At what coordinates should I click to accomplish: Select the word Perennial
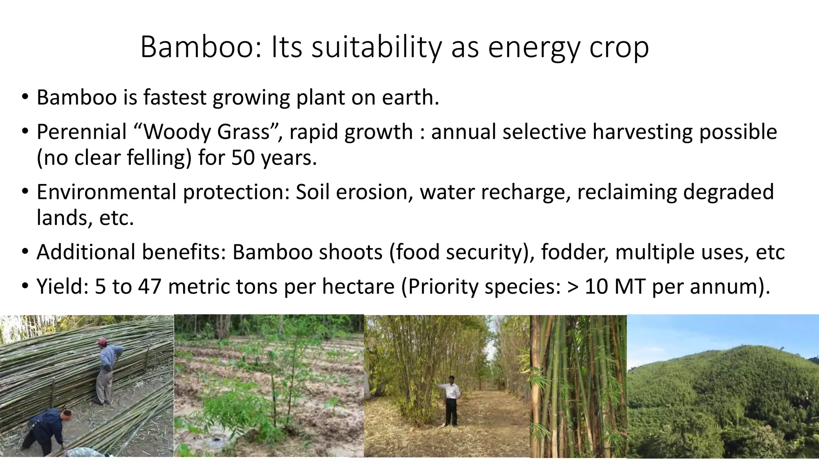pyautogui.click(x=82, y=132)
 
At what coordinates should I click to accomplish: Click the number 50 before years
pyautogui.click(x=243, y=157)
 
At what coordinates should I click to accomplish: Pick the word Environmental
pyautogui.click(x=106, y=192)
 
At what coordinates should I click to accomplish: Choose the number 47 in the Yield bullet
pyautogui.click(x=150, y=287)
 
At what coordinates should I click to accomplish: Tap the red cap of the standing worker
pyautogui.click(x=103, y=341)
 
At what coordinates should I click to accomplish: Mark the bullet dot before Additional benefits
pyautogui.click(x=25, y=253)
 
